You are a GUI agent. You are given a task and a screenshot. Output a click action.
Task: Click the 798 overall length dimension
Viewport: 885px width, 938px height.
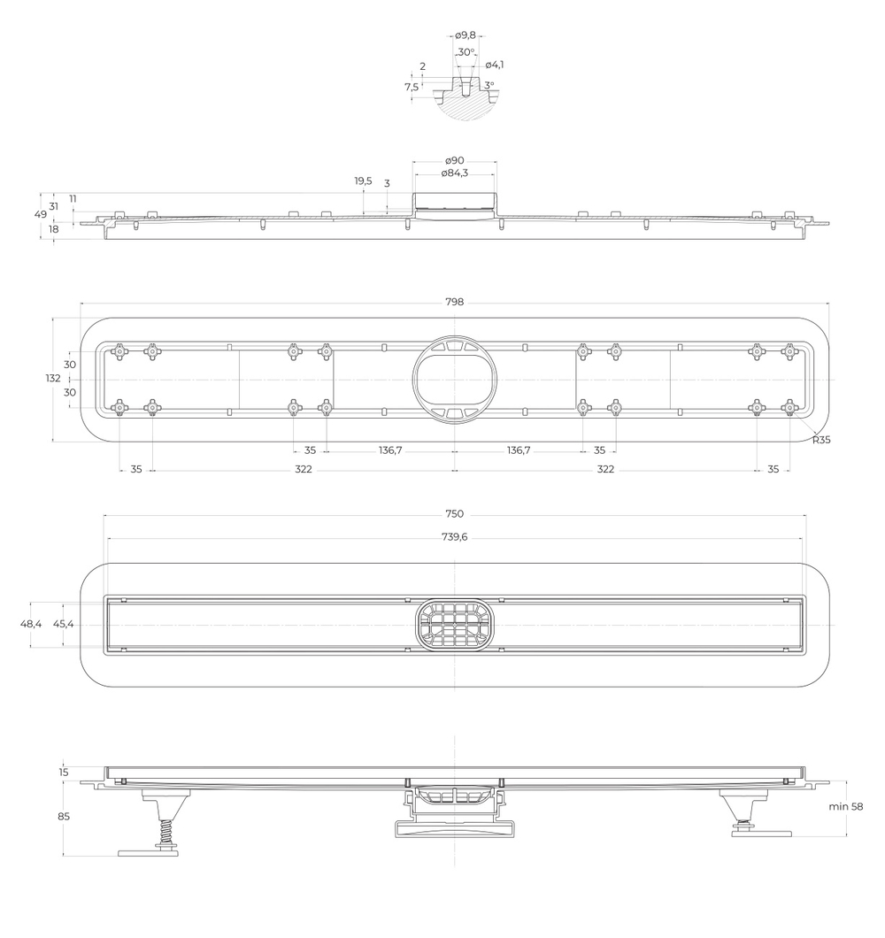(455, 303)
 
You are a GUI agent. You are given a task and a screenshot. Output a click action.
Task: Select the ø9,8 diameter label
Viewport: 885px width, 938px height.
(466, 35)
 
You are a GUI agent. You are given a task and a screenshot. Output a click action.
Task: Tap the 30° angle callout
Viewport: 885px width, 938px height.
(466, 52)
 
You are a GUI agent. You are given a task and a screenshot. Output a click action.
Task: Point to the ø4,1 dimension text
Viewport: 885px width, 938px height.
(495, 65)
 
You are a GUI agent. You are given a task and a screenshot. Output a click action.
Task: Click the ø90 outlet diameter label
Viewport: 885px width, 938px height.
(455, 160)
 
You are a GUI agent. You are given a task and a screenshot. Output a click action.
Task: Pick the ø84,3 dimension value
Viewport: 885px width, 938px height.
(455, 172)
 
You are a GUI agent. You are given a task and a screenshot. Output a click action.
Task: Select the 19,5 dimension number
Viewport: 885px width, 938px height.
(363, 181)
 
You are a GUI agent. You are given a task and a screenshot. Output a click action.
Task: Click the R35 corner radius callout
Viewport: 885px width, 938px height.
(821, 439)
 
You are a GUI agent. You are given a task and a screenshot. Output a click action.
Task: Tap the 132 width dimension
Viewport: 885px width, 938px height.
(54, 379)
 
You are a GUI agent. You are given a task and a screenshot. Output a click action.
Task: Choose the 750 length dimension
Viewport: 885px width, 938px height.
(454, 514)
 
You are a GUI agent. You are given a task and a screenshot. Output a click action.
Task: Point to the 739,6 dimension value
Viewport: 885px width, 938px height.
(454, 537)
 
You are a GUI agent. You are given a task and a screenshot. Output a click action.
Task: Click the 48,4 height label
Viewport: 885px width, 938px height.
(31, 624)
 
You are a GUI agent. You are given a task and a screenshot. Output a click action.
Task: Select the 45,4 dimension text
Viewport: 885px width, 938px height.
(64, 624)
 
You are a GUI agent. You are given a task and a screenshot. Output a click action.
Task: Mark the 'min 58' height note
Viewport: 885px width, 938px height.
(846, 807)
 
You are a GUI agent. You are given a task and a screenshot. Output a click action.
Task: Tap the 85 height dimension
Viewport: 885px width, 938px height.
(64, 817)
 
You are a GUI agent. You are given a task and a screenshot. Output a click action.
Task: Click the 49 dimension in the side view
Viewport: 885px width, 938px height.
(41, 214)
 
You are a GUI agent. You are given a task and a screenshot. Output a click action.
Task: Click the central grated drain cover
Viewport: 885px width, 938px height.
(454, 623)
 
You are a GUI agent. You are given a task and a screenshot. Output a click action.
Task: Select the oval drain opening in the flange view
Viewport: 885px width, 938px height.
(454, 379)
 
